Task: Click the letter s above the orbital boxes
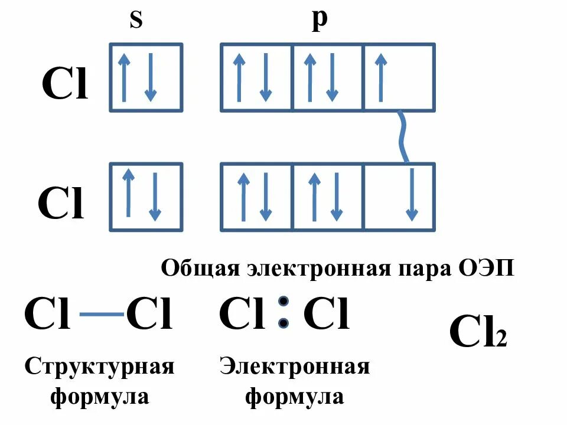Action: (136, 21)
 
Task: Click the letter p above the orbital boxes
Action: (319, 19)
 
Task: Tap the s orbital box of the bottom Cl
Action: (146, 197)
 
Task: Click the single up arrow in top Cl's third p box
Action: (380, 77)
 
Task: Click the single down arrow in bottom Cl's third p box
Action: (412, 195)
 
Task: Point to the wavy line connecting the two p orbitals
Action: (401, 136)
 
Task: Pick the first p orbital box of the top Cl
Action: (256, 77)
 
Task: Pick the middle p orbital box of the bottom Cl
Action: (327, 197)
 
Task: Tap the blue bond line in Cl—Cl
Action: (101, 316)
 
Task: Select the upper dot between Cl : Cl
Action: (284, 300)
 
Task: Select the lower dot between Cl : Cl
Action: (284, 323)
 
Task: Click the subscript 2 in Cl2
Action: (501, 341)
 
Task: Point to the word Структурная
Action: (99, 367)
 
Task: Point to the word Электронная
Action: (295, 367)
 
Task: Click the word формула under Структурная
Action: (99, 395)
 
